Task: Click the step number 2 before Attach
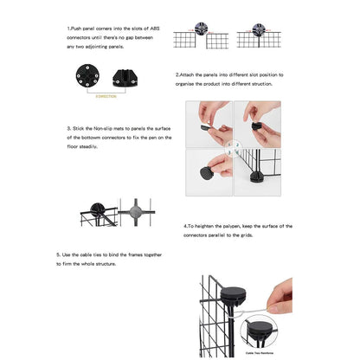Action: (x=177, y=75)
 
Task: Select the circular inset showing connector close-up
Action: (x=260, y=333)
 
